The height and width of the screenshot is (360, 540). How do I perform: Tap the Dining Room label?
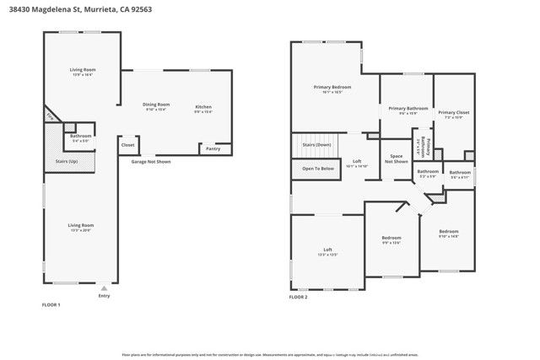156,105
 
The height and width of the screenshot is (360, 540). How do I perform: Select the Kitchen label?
203,107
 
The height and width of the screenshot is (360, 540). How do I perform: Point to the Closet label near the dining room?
127,145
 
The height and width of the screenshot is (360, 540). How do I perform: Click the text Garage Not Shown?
150,161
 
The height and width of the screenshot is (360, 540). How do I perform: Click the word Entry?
105,296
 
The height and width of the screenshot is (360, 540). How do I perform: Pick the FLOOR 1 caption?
51,304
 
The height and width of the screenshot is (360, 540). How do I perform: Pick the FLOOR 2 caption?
299,298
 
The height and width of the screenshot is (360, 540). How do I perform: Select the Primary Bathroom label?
408,108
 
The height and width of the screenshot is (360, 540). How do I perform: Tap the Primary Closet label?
452,111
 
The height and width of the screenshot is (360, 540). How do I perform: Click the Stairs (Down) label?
316,145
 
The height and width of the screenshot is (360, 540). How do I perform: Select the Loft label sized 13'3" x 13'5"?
328,250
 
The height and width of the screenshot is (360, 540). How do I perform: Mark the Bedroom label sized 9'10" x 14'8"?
448,231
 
